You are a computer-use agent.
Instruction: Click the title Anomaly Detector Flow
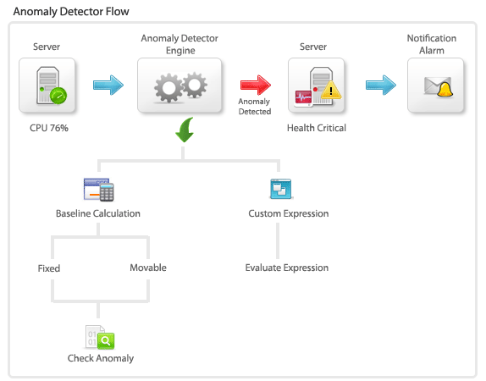(x=71, y=12)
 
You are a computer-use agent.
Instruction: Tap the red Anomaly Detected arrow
(x=256, y=85)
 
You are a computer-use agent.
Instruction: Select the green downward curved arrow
(x=185, y=130)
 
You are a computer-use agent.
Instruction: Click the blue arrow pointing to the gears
(x=108, y=85)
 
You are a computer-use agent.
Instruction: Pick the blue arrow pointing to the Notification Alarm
(x=381, y=85)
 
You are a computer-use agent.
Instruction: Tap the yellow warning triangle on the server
(x=331, y=91)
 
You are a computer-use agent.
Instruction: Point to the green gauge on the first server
(x=58, y=96)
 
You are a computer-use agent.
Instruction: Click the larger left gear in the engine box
(x=168, y=88)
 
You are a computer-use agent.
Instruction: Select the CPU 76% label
(x=49, y=128)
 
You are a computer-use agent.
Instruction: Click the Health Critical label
(x=317, y=128)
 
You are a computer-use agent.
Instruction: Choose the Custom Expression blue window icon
(x=281, y=189)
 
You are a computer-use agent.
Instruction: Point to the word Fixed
(x=49, y=268)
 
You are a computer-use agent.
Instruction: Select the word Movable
(x=148, y=268)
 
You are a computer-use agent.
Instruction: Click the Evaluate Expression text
(x=287, y=268)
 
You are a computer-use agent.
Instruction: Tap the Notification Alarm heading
(x=432, y=44)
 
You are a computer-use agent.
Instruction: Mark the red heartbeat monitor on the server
(x=303, y=98)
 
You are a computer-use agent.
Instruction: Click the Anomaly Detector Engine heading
(x=179, y=44)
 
